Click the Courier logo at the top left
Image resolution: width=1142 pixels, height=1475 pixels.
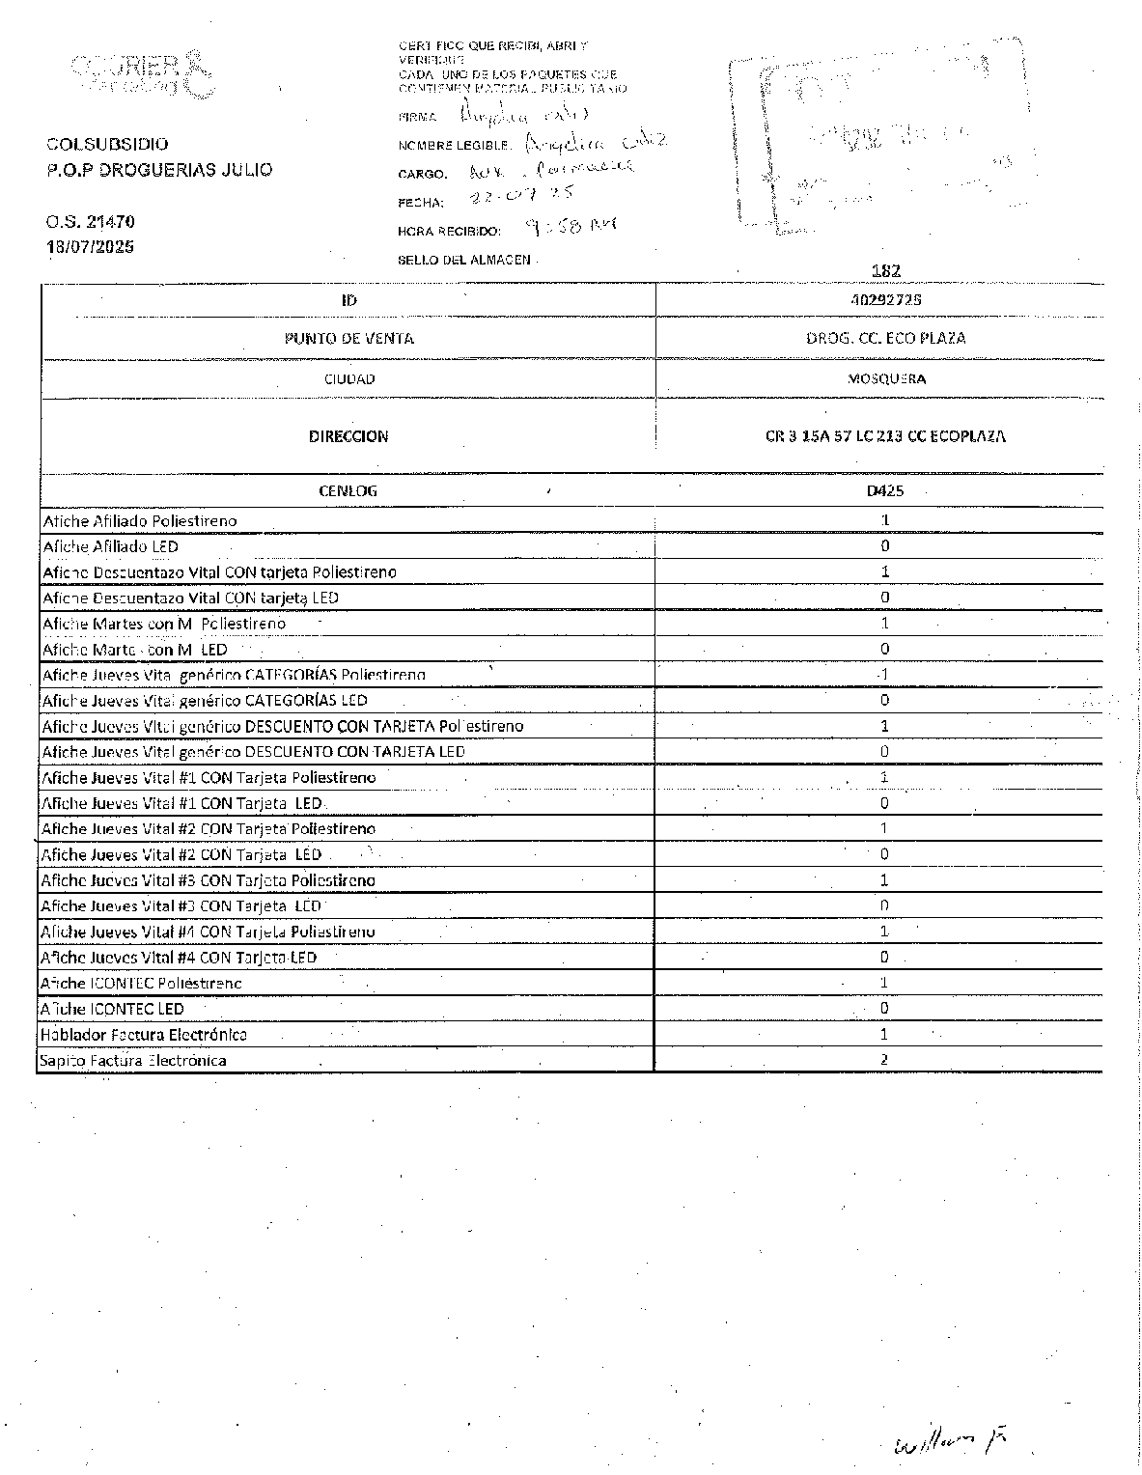click(141, 72)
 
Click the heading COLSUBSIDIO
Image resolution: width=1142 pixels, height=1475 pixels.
click(107, 144)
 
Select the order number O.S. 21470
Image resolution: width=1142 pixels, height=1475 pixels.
click(90, 222)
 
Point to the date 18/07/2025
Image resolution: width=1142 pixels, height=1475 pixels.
click(91, 246)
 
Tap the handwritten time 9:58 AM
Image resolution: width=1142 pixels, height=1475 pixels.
click(571, 228)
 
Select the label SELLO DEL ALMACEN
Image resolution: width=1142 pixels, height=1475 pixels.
click(464, 260)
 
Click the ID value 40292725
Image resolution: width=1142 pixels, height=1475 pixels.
click(886, 299)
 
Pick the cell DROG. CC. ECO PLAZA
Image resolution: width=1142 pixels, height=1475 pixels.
click(885, 338)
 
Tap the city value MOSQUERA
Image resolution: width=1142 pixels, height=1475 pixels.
click(886, 378)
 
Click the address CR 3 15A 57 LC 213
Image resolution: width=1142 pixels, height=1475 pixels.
click(885, 436)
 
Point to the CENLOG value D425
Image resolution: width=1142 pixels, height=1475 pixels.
click(884, 490)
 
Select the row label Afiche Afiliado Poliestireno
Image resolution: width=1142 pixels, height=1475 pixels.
click(140, 521)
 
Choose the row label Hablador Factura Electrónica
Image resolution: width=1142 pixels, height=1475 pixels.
click(143, 1035)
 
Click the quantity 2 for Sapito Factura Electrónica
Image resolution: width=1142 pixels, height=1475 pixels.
click(884, 1059)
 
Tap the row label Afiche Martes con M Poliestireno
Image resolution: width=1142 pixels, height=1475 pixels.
click(164, 624)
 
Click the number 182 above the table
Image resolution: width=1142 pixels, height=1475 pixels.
click(885, 272)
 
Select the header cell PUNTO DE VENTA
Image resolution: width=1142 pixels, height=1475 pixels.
click(348, 338)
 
